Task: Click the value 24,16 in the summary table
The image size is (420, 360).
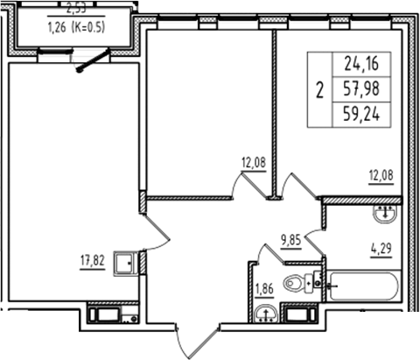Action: (x=366, y=63)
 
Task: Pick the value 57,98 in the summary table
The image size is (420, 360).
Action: (x=366, y=88)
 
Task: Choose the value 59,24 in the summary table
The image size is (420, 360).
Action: (x=366, y=113)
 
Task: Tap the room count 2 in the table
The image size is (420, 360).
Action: (x=318, y=88)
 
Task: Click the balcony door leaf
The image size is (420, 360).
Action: (x=94, y=60)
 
